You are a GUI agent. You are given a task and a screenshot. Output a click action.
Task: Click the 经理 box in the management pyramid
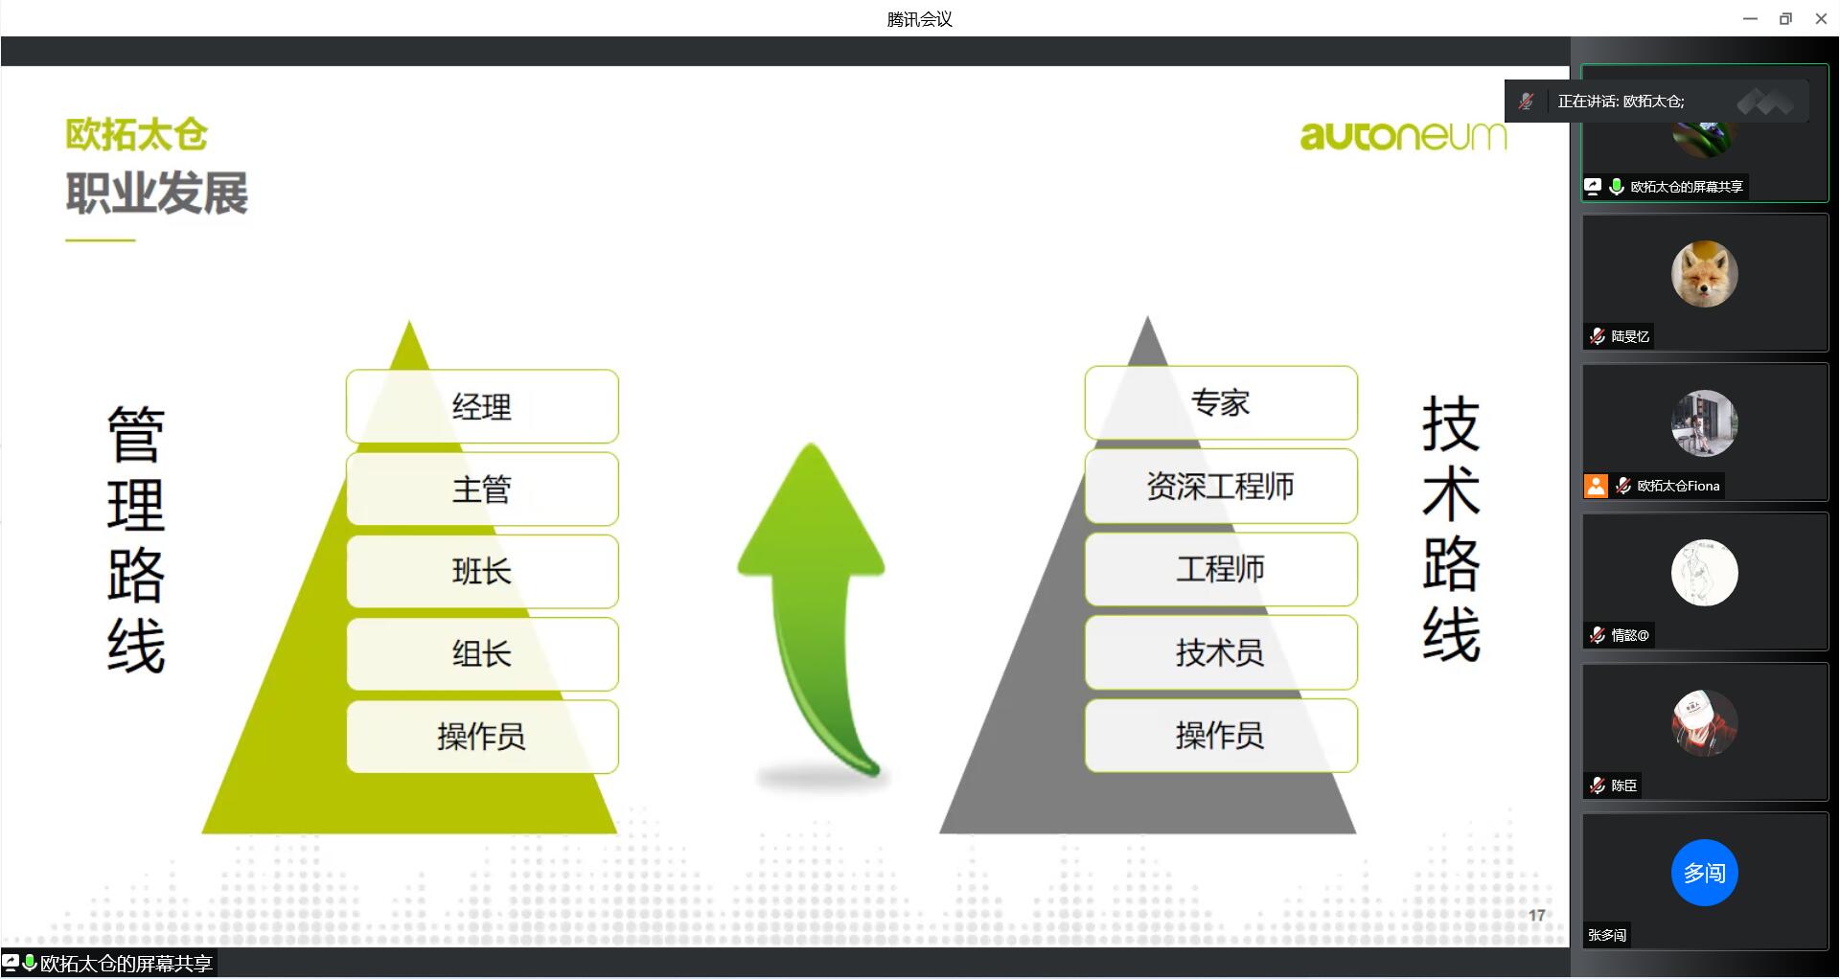tap(482, 406)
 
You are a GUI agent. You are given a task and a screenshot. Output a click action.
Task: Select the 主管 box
tap(482, 489)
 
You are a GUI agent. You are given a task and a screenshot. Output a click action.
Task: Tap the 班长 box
tap(482, 571)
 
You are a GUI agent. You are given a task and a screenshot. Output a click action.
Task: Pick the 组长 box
tap(482, 653)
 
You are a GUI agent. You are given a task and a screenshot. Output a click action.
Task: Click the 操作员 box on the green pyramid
tap(482, 736)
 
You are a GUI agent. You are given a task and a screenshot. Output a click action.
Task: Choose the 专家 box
tap(1221, 402)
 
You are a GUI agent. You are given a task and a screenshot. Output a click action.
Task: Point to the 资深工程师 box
tap(1221, 486)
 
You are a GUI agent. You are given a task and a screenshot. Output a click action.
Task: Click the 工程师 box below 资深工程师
tap(1221, 569)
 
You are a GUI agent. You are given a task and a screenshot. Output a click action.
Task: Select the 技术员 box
tap(1221, 652)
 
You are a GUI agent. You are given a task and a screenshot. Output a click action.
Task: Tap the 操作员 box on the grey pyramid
tap(1221, 735)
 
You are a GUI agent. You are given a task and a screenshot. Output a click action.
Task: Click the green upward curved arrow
tap(815, 594)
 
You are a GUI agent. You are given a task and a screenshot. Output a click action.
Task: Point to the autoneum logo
tap(1403, 136)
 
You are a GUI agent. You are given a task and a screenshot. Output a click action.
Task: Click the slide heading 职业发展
tap(157, 193)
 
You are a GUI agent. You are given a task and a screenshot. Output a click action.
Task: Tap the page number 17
tap(1537, 916)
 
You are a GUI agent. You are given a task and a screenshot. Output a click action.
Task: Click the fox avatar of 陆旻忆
tap(1704, 274)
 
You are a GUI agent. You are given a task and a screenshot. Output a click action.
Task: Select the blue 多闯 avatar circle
tap(1704, 873)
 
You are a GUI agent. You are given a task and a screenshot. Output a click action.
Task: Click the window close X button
tap(1821, 18)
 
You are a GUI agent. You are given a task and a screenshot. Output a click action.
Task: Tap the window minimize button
tap(1750, 18)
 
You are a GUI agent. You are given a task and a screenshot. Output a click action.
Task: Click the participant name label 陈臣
tap(1623, 785)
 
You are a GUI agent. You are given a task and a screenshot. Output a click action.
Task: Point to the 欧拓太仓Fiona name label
tap(1678, 486)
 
